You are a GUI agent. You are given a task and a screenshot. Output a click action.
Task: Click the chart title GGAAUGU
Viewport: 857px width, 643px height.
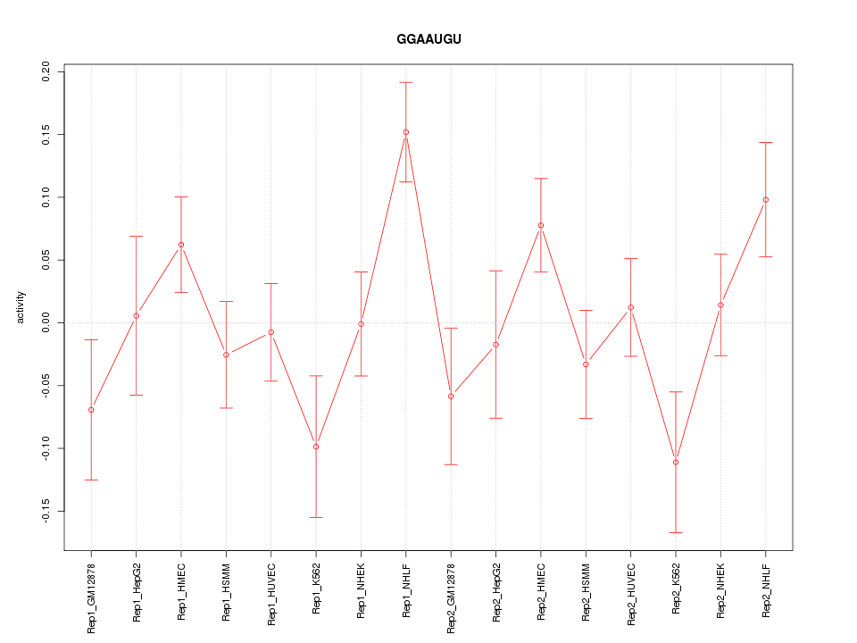point(428,39)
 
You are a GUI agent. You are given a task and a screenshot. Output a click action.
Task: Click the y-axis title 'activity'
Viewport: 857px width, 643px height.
point(21,307)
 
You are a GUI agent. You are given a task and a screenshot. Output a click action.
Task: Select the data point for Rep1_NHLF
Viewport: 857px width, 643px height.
point(406,132)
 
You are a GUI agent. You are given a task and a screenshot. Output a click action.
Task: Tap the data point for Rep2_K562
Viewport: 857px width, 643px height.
point(676,462)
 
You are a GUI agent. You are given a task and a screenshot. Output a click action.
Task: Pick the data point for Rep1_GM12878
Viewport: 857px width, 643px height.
point(91,410)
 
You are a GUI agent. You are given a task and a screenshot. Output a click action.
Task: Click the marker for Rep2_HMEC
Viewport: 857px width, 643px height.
point(541,225)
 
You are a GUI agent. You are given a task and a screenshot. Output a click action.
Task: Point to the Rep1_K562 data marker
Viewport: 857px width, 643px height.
point(316,447)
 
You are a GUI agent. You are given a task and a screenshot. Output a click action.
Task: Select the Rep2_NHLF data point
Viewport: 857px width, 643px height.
point(766,200)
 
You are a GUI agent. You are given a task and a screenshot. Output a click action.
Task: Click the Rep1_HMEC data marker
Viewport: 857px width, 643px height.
point(181,245)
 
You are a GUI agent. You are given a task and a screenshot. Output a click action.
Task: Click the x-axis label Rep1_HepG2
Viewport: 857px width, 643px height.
point(137,592)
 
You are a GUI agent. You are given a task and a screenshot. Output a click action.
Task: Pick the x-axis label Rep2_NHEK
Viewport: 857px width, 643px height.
point(721,591)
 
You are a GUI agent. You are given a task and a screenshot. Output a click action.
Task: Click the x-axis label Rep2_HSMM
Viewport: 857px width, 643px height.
point(587,592)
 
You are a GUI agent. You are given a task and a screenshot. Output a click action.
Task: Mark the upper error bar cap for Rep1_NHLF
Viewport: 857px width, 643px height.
point(406,82)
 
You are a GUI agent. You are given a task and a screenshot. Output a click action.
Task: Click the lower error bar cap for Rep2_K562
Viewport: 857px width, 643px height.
point(676,532)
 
